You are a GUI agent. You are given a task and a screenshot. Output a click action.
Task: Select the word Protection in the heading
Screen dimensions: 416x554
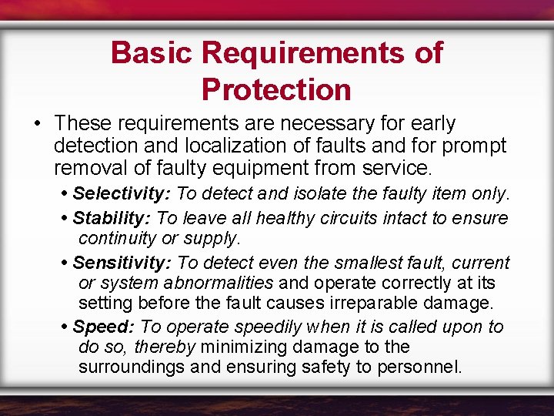point(276,90)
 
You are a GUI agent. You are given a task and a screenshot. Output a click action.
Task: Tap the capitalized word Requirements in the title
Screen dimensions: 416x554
point(302,53)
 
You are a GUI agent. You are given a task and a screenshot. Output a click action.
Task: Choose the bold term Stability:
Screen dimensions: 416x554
point(113,218)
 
